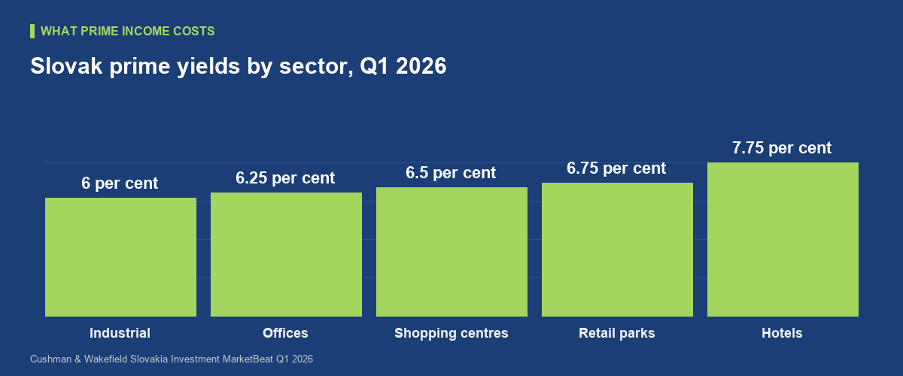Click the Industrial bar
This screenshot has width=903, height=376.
(x=120, y=257)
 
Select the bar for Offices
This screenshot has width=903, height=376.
(x=286, y=254)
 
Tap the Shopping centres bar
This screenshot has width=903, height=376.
(x=451, y=252)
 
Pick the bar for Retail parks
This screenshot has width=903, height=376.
(x=617, y=250)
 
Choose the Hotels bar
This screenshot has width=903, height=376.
(x=783, y=239)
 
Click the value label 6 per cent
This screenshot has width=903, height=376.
(x=120, y=183)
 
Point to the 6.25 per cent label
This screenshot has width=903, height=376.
(x=285, y=178)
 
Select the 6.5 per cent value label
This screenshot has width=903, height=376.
(x=451, y=173)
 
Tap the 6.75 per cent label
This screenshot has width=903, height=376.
(x=616, y=168)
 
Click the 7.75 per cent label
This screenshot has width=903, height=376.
(x=782, y=148)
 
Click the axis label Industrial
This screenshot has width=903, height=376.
(x=120, y=333)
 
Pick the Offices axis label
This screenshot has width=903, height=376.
(x=285, y=333)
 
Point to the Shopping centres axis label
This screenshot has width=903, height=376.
(x=451, y=333)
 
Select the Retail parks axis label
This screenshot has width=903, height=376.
(x=617, y=333)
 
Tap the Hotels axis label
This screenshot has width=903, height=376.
(x=782, y=333)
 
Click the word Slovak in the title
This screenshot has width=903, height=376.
(x=66, y=66)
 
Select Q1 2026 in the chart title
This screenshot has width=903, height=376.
(x=403, y=66)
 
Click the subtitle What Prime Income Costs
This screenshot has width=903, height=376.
(x=128, y=31)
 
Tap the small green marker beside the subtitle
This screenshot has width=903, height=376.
(x=32, y=32)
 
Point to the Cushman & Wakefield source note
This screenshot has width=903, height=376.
(x=172, y=359)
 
